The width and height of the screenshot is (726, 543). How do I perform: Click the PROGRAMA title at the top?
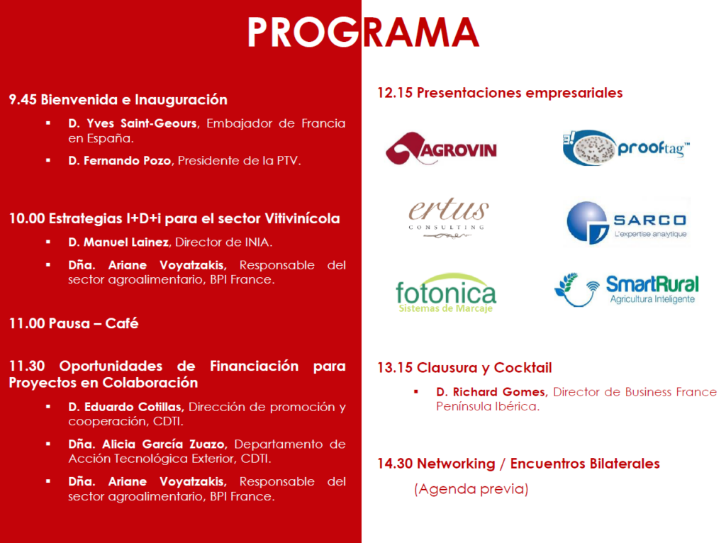pyautogui.click(x=364, y=32)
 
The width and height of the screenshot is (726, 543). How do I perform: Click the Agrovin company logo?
pyautogui.click(x=441, y=149)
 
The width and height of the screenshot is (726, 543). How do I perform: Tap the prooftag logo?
pyautogui.click(x=626, y=147)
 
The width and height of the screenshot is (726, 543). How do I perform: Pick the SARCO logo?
pyautogui.click(x=627, y=223)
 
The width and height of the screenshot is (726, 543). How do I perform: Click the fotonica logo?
pyautogui.click(x=446, y=293)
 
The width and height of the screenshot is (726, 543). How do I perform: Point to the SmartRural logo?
pyautogui.click(x=627, y=290)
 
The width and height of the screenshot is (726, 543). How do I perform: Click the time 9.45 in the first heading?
pyautogui.click(x=23, y=99)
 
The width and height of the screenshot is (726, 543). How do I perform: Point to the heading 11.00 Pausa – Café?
pyautogui.click(x=74, y=323)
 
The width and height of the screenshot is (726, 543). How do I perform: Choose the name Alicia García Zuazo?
pyautogui.click(x=164, y=444)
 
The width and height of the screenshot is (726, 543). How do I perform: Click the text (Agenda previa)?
pyautogui.click(x=471, y=489)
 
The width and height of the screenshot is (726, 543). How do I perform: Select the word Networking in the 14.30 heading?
pyautogui.click(x=456, y=464)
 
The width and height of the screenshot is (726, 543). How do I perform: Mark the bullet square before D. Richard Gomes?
pyautogui.click(x=416, y=391)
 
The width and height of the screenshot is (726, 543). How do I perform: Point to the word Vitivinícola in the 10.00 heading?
pyautogui.click(x=302, y=218)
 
